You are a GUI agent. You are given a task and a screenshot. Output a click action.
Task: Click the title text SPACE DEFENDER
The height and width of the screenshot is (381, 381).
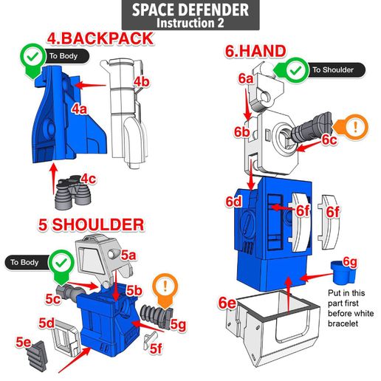point(190,10)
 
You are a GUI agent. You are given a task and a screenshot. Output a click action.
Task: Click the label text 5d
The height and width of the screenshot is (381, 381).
point(47,323)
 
